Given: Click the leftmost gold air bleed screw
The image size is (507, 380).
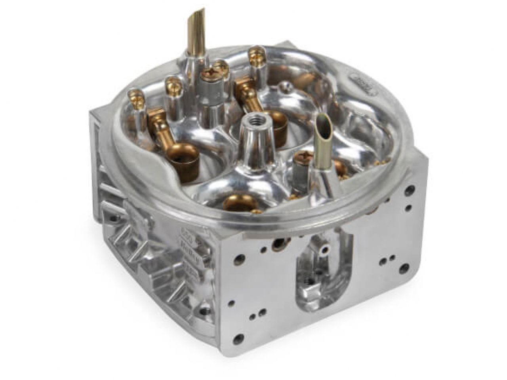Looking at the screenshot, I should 135,95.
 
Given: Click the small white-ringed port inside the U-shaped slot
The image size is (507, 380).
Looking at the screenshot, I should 326,249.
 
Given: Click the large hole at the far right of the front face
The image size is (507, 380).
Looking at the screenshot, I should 403,270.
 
